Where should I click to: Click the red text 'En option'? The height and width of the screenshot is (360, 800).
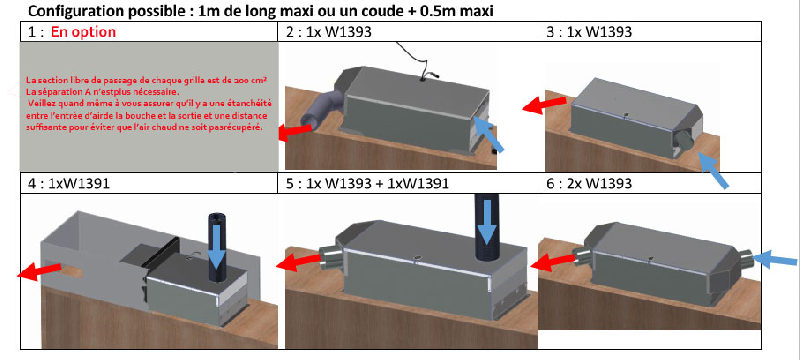pyautogui.click(x=77, y=32)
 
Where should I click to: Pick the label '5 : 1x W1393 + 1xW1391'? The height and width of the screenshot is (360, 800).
pyautogui.click(x=367, y=184)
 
